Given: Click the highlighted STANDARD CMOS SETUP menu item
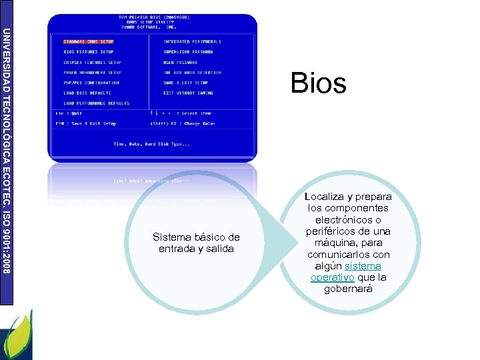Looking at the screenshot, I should tap(88, 41).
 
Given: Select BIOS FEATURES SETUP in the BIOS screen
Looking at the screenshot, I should tap(88, 51).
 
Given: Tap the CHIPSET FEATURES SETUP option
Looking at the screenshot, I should tap(92, 62).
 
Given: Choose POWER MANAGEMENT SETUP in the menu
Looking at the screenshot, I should tap(92, 73).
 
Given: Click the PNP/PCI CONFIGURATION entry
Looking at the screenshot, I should tap(91, 83).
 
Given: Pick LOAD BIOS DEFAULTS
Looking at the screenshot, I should tap(87, 93).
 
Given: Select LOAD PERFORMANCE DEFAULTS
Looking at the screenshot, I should tap(96, 103).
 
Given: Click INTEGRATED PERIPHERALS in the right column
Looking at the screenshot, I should tap(192, 41).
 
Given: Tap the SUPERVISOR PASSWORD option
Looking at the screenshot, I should tap(188, 51).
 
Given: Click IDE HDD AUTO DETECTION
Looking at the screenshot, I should tap(192, 73).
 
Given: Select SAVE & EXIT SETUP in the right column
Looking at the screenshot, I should tap(185, 83).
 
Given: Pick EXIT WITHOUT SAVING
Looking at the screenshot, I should tap(188, 93).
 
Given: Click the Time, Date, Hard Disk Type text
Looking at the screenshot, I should tap(151, 144).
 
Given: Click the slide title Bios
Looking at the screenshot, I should tap(318, 84).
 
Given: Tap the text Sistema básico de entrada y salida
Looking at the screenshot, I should tap(196, 243).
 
